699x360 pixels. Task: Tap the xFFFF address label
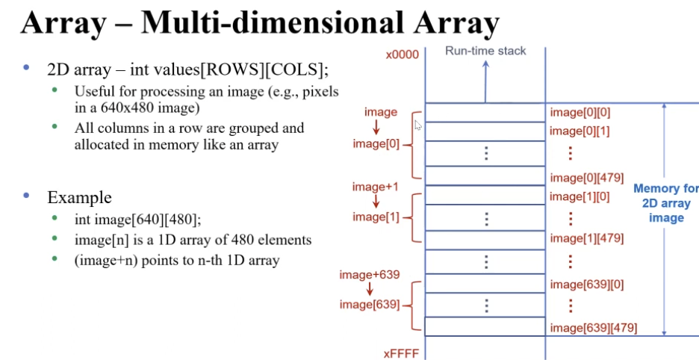(x=403, y=350)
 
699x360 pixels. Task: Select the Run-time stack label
(x=485, y=51)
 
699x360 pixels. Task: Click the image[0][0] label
(x=580, y=112)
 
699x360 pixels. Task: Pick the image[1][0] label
(x=580, y=196)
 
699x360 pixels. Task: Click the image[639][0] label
(x=585, y=284)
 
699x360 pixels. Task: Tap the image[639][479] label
(x=593, y=327)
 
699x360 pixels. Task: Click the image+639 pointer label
(x=370, y=275)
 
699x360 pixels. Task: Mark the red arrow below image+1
(x=376, y=202)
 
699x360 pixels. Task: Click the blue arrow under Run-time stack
(x=485, y=81)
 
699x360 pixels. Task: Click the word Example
(x=79, y=197)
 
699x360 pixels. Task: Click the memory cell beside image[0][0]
(x=485, y=112)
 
